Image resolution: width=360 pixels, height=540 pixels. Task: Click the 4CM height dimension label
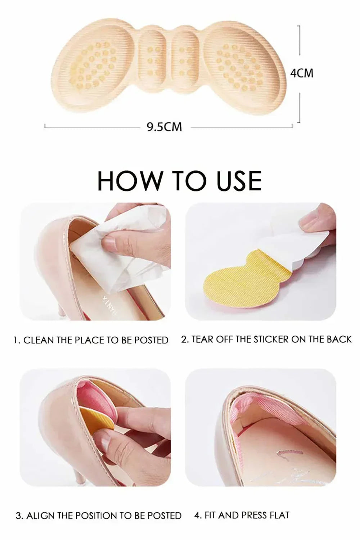pyautogui.click(x=302, y=73)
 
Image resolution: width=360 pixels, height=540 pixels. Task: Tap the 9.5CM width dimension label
pyautogui.click(x=164, y=127)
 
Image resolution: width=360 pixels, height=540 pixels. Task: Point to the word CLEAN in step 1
pyautogui.click(x=39, y=340)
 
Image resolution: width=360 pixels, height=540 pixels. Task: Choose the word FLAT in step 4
pyautogui.click(x=279, y=515)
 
